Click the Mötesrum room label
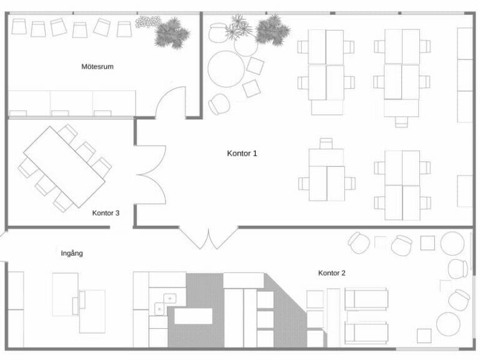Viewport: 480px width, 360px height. (97, 66)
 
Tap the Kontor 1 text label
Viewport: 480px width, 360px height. (242, 152)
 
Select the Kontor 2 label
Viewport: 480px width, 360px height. (332, 273)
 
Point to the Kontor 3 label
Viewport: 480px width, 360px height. (106, 213)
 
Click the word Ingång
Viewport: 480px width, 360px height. (72, 253)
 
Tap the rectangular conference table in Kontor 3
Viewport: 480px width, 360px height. (64, 167)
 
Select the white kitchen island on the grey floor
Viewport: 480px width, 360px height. (194, 317)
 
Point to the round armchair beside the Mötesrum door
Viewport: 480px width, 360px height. (219, 104)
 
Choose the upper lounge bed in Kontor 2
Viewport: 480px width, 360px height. (366, 299)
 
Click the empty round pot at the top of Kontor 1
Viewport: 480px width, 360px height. (218, 32)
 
